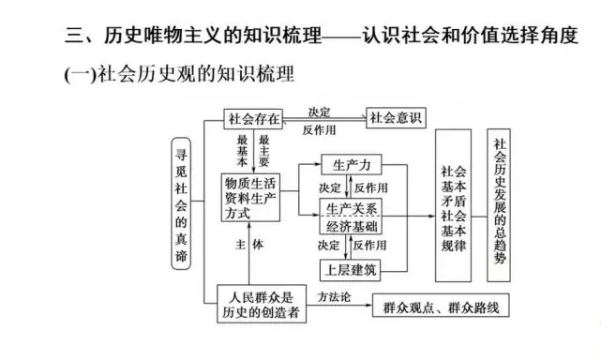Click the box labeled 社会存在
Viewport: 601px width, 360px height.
[x=253, y=119]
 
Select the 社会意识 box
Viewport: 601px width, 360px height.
[x=396, y=118]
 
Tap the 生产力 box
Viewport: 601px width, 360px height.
[x=352, y=165]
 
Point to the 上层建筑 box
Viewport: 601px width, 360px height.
[x=351, y=270]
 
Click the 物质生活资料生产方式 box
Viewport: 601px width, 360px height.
[x=250, y=198]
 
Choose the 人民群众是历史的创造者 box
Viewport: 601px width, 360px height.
[x=262, y=304]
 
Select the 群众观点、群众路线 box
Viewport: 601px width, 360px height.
[x=441, y=306]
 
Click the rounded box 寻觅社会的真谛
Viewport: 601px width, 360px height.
[x=181, y=203]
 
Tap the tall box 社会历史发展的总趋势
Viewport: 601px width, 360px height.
[x=499, y=205]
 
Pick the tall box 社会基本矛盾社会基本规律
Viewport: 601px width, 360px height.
[x=454, y=205]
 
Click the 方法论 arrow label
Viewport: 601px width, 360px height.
[x=334, y=297]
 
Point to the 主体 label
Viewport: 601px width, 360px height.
[x=249, y=245]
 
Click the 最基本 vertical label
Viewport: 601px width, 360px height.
[x=242, y=151]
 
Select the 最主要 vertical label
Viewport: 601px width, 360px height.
[x=263, y=151]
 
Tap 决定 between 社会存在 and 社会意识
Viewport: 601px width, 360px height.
[x=320, y=112]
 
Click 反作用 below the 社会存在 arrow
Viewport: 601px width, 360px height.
[x=320, y=130]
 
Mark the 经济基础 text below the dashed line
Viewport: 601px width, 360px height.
[x=352, y=227]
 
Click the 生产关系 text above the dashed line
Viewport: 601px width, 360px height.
[x=352, y=209]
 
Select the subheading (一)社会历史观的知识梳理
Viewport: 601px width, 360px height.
[x=179, y=74]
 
